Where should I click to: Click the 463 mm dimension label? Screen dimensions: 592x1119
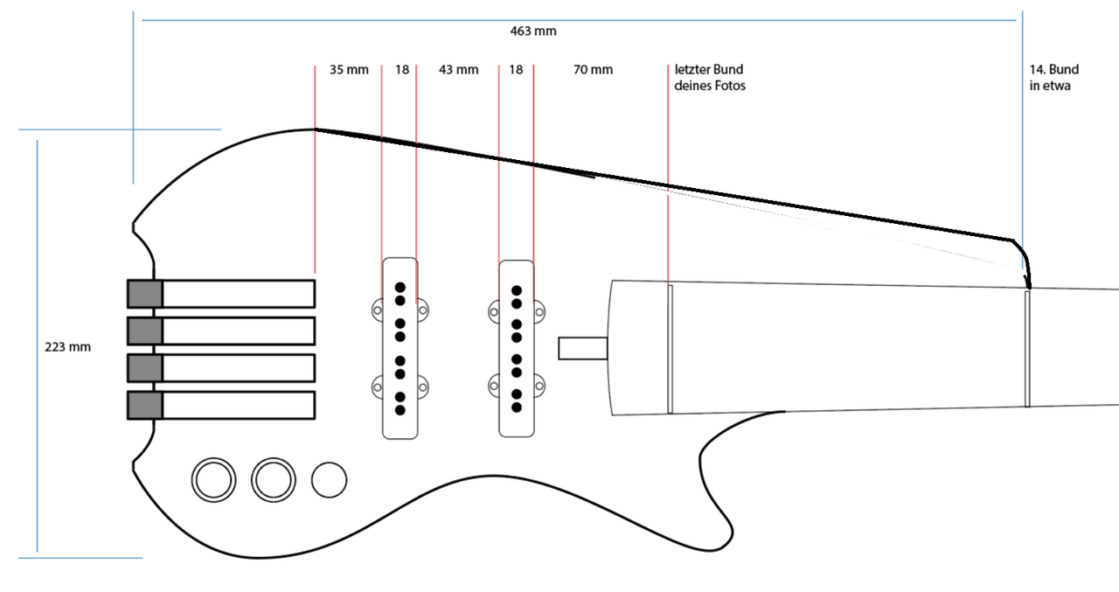click(532, 31)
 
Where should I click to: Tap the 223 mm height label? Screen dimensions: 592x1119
click(67, 347)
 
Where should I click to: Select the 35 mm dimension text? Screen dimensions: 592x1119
click(349, 70)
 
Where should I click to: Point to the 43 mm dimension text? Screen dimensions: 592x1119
click(458, 70)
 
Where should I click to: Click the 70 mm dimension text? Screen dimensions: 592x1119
click(593, 70)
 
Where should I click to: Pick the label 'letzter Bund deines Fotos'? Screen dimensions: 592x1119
click(710, 78)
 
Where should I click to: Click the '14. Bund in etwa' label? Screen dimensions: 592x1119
click(1054, 78)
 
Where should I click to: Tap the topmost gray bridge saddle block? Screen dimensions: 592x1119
click(145, 294)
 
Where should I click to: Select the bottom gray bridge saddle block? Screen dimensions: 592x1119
click(145, 405)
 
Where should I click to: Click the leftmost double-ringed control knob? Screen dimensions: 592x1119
click(214, 479)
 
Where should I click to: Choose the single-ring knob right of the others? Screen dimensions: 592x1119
click(330, 479)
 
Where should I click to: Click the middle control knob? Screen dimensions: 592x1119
click(273, 479)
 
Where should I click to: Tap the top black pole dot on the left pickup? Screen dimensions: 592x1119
click(400, 287)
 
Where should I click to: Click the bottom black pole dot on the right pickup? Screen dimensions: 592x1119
click(516, 407)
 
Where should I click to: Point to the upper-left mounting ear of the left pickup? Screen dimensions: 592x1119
click(378, 309)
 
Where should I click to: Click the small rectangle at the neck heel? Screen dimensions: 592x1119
click(583, 348)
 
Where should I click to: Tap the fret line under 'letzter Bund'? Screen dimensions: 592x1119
click(671, 348)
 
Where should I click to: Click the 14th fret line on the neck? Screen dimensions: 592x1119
click(1027, 348)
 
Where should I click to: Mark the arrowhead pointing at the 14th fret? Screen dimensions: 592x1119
click(1028, 283)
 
